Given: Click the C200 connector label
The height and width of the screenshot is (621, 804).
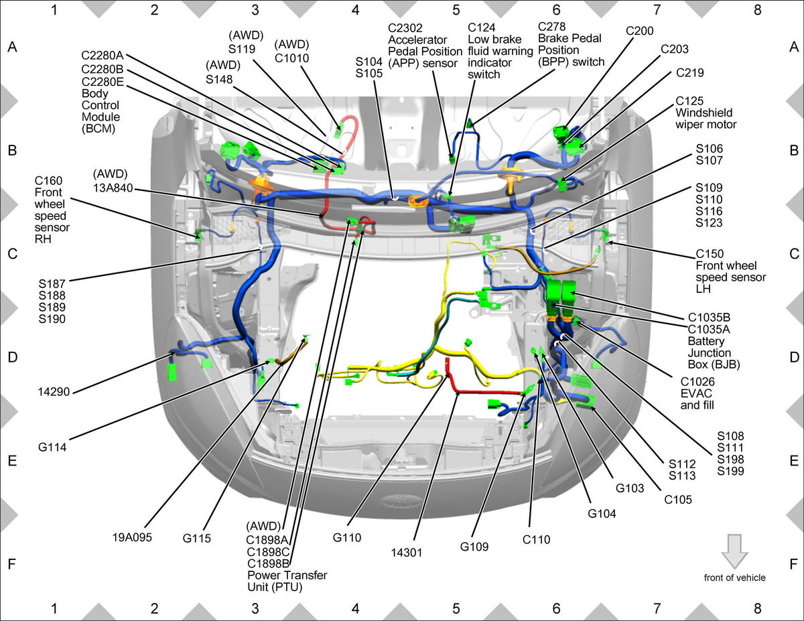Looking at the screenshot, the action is click(639, 31).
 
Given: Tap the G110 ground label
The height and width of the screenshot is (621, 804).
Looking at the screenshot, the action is click(346, 537).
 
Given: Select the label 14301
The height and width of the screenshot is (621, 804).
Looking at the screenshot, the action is click(406, 553).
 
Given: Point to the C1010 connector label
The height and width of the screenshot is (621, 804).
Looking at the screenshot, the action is click(291, 58).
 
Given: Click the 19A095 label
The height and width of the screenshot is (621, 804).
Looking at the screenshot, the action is click(132, 537).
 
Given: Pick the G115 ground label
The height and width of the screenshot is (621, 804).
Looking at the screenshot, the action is click(196, 538).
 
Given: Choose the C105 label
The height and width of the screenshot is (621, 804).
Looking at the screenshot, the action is click(678, 500).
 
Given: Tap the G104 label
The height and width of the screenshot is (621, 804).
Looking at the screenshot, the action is click(602, 514).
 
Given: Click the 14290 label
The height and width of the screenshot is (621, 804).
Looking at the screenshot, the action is click(54, 392).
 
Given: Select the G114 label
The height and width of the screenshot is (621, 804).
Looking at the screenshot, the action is click(52, 447).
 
